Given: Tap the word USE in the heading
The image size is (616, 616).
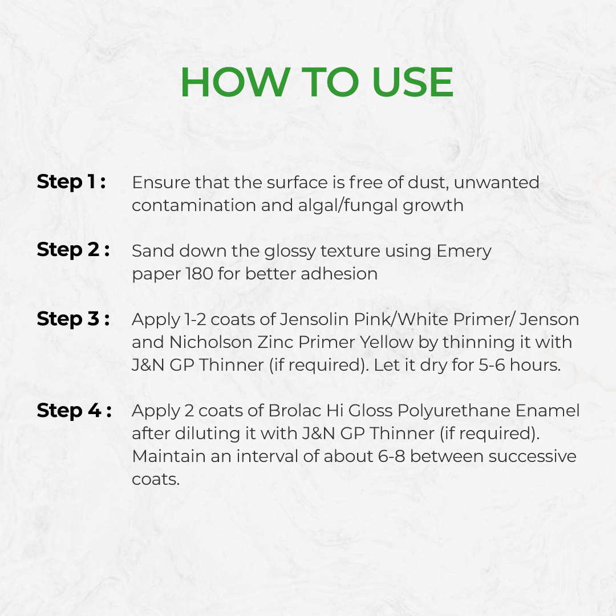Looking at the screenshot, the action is point(412,82).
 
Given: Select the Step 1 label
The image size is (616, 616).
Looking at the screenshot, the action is point(71,183).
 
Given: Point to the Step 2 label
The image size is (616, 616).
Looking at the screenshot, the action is point(73,250).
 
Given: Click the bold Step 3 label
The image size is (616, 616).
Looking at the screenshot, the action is point(73,319).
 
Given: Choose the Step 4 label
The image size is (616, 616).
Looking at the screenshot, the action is point(74,411).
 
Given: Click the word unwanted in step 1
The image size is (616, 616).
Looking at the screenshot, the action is point(496,183).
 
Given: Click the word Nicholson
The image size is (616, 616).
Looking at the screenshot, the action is point(211,342).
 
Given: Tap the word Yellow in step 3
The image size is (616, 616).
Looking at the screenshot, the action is point(387,342).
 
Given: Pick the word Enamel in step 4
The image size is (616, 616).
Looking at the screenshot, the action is point(548,411).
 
